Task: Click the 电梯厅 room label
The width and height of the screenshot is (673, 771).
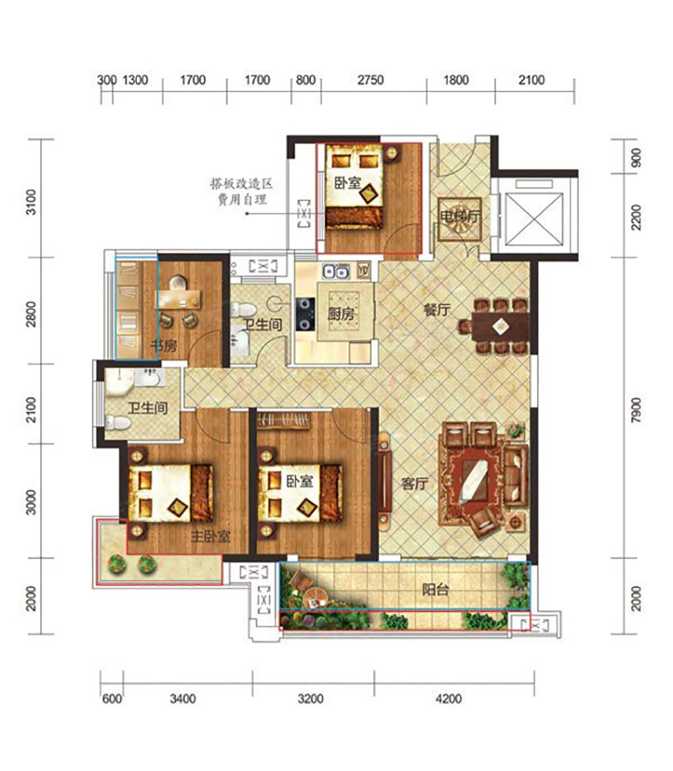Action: [x=460, y=216]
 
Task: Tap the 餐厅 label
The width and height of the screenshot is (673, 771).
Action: [x=437, y=311]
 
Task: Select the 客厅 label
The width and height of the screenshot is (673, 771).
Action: [x=414, y=484]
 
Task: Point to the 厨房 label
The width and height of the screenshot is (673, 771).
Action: [x=341, y=314]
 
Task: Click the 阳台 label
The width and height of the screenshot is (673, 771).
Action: [x=435, y=589]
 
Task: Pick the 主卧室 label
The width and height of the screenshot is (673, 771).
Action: [x=211, y=536]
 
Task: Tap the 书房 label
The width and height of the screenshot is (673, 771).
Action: [x=164, y=345]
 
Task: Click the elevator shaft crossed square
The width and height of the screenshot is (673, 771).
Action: [x=534, y=219]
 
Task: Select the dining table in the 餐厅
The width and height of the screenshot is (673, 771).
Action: [x=500, y=326]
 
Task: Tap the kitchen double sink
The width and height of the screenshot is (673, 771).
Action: [x=336, y=271]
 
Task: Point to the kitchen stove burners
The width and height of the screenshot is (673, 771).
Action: [x=305, y=314]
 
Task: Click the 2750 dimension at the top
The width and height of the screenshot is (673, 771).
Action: [x=371, y=80]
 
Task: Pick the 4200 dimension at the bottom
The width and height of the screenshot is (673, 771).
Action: [x=448, y=699]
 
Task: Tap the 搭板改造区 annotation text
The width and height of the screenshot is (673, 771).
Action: [x=241, y=185]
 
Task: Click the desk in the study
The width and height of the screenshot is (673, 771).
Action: [x=179, y=299]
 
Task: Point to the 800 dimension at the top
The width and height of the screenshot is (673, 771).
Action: [x=306, y=80]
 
